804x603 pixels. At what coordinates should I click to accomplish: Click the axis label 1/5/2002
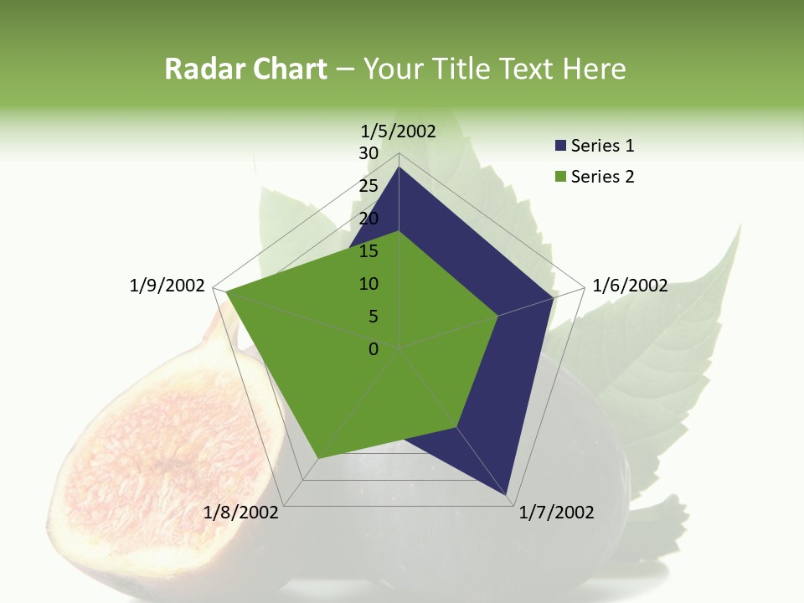point(399,131)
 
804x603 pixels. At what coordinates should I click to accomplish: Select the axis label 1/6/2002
point(630,286)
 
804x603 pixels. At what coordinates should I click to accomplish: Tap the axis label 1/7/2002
point(556,513)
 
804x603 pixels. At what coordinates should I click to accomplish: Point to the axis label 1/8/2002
point(241,513)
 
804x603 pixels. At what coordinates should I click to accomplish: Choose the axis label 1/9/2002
point(167,286)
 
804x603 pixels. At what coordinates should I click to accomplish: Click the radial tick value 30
point(368,153)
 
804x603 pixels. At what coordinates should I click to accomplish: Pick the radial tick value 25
point(368,186)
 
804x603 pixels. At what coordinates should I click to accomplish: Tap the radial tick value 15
point(368,251)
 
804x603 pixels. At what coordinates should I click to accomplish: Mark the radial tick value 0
point(374,349)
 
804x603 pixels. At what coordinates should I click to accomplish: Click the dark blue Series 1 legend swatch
point(561,146)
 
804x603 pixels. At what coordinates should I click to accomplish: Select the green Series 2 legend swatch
point(561,177)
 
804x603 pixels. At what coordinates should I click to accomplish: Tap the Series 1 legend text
point(602,146)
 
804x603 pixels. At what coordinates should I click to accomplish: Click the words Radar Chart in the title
point(245,70)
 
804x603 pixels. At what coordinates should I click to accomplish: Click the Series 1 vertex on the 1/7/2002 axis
point(506,496)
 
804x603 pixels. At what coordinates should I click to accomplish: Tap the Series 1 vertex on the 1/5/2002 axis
point(399,167)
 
